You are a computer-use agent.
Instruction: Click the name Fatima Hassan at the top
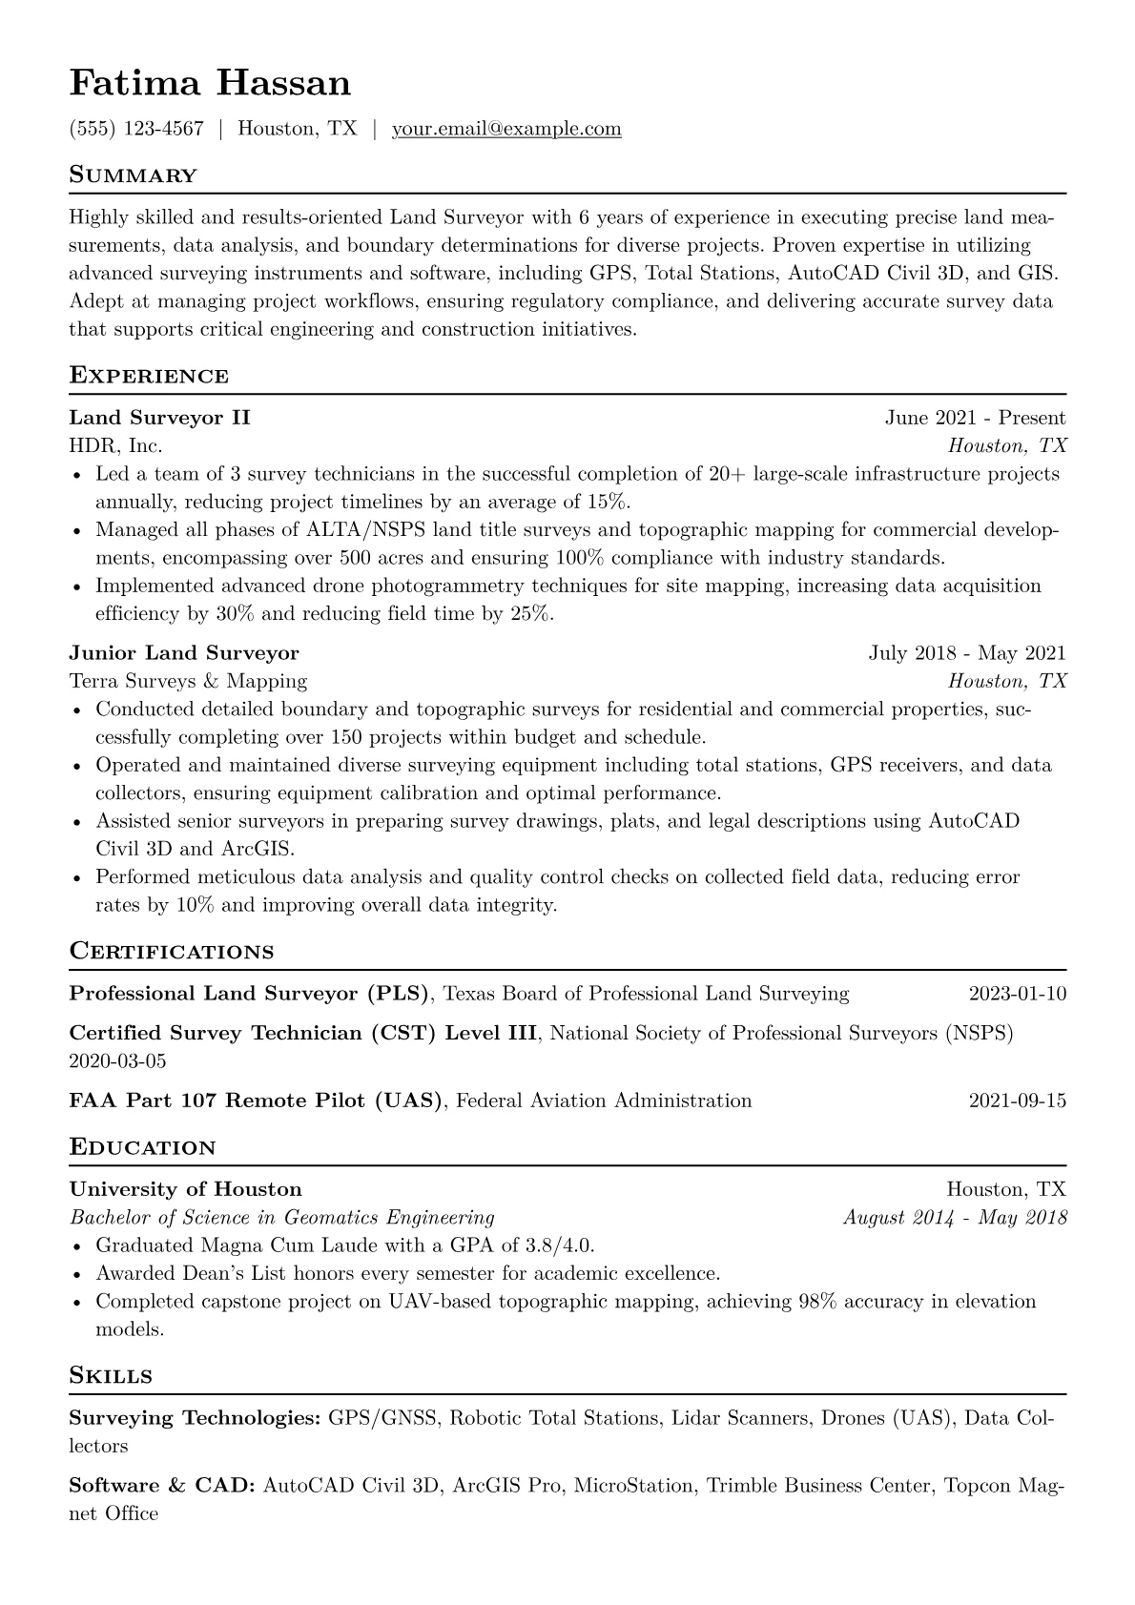click(210, 84)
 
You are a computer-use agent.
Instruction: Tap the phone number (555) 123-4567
click(136, 129)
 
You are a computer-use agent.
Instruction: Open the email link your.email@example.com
click(506, 129)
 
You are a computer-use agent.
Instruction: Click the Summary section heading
click(133, 175)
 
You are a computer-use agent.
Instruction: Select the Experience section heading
click(149, 376)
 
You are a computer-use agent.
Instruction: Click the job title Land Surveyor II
click(159, 418)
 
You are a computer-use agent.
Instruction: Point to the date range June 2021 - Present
click(975, 418)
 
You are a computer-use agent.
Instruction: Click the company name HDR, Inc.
click(115, 445)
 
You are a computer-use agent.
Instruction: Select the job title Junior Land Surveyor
click(184, 653)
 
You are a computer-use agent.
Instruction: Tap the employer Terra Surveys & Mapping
click(188, 681)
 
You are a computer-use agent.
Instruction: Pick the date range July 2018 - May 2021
click(967, 653)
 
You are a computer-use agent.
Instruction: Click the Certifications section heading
click(172, 952)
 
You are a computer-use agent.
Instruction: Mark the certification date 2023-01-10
click(1017, 994)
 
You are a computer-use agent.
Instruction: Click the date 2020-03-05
click(117, 1060)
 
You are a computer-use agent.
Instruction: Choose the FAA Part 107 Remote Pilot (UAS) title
click(257, 1101)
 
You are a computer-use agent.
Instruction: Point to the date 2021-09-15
click(1017, 1101)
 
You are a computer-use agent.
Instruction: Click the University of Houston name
click(185, 1189)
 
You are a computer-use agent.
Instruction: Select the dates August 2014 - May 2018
click(955, 1218)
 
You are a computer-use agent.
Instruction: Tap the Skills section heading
click(111, 1376)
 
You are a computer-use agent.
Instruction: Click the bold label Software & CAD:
click(161, 1486)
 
